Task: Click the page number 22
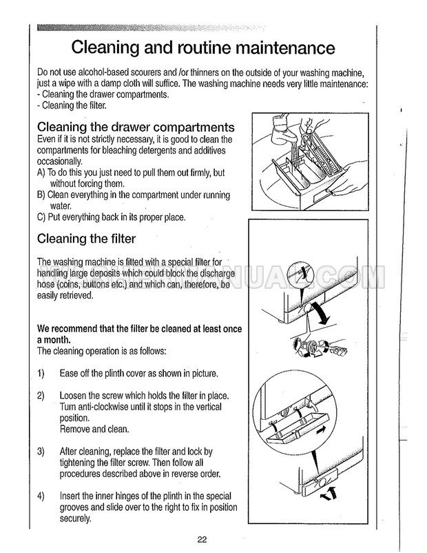(201, 539)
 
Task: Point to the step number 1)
(41, 374)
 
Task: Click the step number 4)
(41, 496)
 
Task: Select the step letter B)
(41, 195)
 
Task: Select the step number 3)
(41, 452)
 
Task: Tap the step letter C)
(41, 217)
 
